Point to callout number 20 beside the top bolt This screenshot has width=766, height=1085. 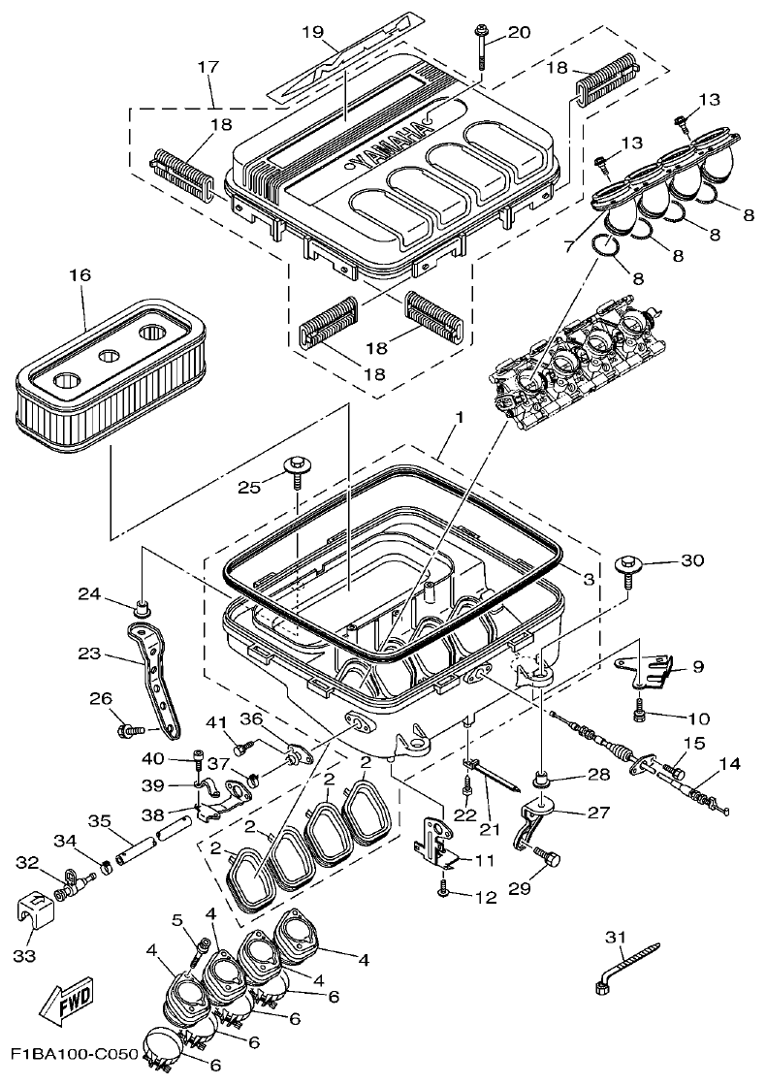point(519,32)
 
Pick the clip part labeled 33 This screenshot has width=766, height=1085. point(34,909)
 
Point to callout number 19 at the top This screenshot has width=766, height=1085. point(310,32)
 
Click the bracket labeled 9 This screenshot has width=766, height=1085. point(645,667)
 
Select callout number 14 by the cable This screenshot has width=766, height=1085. point(729,763)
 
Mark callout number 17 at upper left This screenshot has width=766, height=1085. point(207,68)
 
